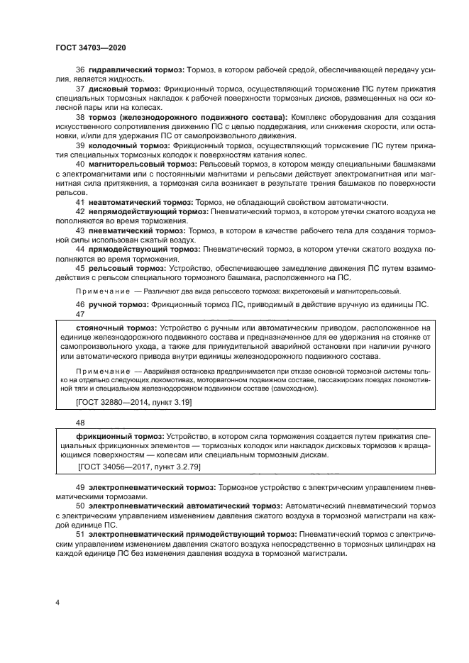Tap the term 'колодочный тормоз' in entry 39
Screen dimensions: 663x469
tap(129, 145)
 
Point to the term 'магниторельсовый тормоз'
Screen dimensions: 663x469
tap(144, 163)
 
